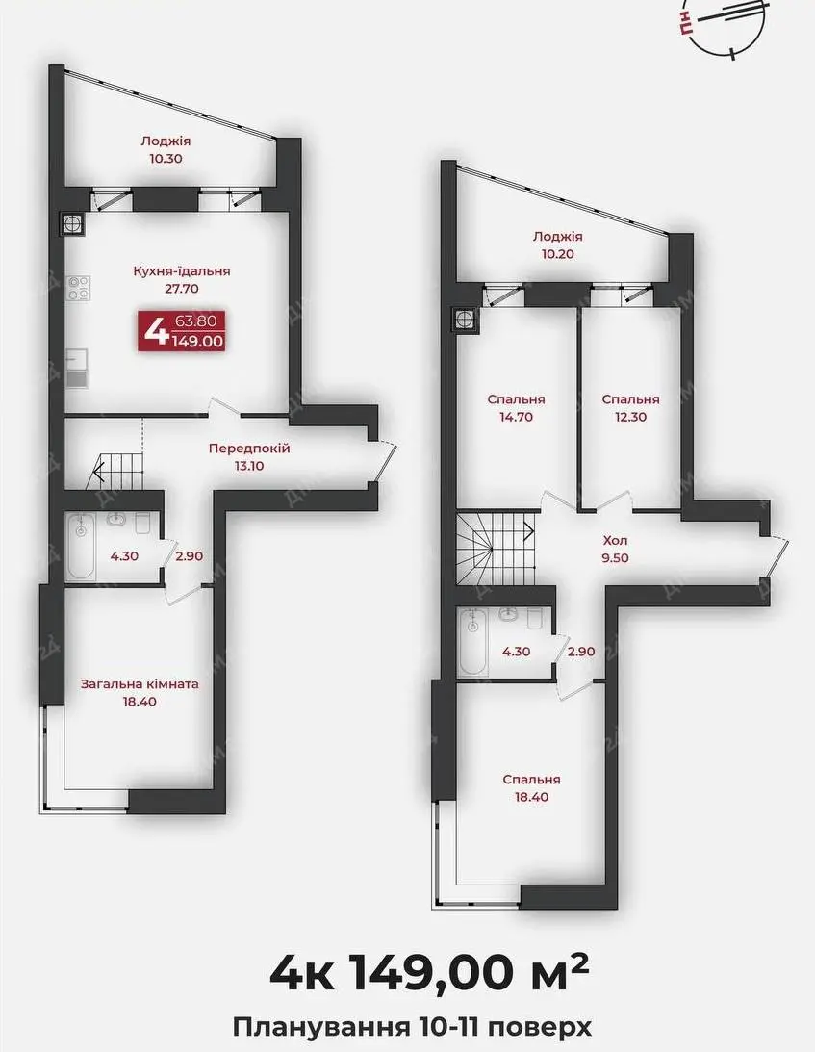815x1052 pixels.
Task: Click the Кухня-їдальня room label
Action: coord(181,280)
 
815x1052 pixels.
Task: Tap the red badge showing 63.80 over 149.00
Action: coord(181,331)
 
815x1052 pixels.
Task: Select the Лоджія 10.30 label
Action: coord(166,149)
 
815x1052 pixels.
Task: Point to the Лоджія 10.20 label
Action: coord(557,244)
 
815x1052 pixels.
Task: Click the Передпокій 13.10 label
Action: coord(249,457)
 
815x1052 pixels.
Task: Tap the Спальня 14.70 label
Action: coord(517,408)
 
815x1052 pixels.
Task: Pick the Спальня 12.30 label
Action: coord(630,408)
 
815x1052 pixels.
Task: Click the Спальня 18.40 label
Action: coord(532,788)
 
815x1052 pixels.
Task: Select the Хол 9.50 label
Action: coord(615,549)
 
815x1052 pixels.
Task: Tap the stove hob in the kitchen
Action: coord(78,289)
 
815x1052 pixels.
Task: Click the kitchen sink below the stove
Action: coord(77,369)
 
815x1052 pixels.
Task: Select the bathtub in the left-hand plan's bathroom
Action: coord(81,547)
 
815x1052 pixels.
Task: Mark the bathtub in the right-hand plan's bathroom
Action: coord(474,642)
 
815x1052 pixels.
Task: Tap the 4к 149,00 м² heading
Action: coord(430,974)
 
